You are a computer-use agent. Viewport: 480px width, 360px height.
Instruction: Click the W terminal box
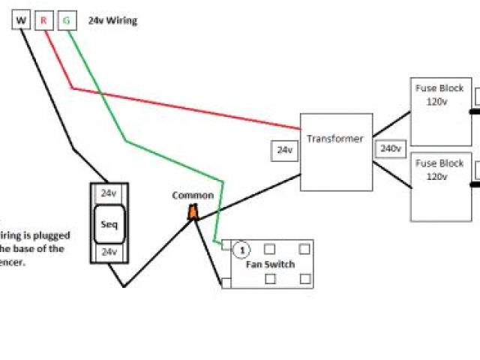pos(21,21)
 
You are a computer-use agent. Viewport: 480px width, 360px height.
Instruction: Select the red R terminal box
pos(43,21)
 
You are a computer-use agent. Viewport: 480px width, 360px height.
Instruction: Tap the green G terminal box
pos(66,21)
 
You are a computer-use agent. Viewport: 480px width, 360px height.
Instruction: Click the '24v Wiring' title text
pos(112,21)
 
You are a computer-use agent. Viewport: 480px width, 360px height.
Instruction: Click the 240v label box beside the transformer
pos(390,148)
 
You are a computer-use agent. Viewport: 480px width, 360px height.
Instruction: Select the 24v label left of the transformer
pos(284,150)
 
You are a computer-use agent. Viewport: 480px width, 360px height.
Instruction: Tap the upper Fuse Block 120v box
pos(440,111)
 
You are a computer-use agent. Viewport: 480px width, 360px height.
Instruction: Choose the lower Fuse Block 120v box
pos(440,186)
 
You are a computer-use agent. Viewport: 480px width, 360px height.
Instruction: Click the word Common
pos(193,196)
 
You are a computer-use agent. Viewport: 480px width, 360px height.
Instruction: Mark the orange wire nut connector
pos(193,213)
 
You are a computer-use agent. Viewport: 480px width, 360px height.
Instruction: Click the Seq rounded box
pos(109,223)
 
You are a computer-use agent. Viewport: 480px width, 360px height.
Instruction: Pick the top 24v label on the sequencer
pos(109,193)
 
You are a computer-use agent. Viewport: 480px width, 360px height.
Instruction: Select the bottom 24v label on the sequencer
pos(109,252)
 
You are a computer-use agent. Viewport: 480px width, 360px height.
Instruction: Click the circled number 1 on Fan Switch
pos(241,248)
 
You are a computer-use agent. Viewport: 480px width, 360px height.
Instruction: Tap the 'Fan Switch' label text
pos(270,264)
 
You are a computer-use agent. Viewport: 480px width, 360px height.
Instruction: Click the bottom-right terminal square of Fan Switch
pos(305,278)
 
